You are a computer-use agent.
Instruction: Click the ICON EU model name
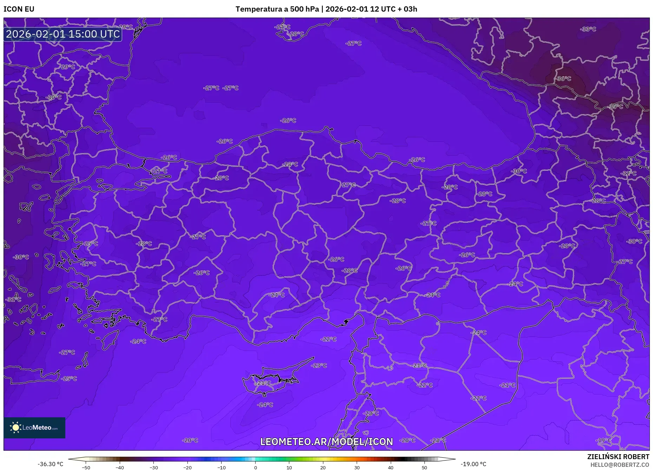[x=19, y=9]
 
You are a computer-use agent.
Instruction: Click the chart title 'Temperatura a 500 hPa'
[x=277, y=9]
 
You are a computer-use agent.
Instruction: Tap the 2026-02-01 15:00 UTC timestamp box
[x=63, y=34]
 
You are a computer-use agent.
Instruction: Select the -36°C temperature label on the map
[x=563, y=79]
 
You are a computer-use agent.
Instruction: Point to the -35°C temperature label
[x=615, y=106]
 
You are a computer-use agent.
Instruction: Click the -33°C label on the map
[x=588, y=29]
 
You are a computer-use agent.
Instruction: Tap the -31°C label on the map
[x=14, y=299]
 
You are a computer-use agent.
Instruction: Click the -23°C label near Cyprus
[x=319, y=365]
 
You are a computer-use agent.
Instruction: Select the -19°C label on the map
[x=603, y=440]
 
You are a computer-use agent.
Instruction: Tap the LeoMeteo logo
[x=34, y=427]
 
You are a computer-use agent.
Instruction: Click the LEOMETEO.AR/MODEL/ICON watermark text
[x=326, y=442]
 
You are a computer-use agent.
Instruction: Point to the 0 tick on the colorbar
[x=256, y=468]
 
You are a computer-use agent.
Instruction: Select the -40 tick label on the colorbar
[x=120, y=468]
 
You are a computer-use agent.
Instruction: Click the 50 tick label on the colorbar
[x=424, y=468]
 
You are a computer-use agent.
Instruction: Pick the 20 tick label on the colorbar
[x=323, y=468]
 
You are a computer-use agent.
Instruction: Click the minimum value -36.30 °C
[x=51, y=464]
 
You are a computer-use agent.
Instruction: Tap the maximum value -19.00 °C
[x=474, y=464]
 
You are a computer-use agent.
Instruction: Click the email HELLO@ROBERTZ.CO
[x=620, y=465]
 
